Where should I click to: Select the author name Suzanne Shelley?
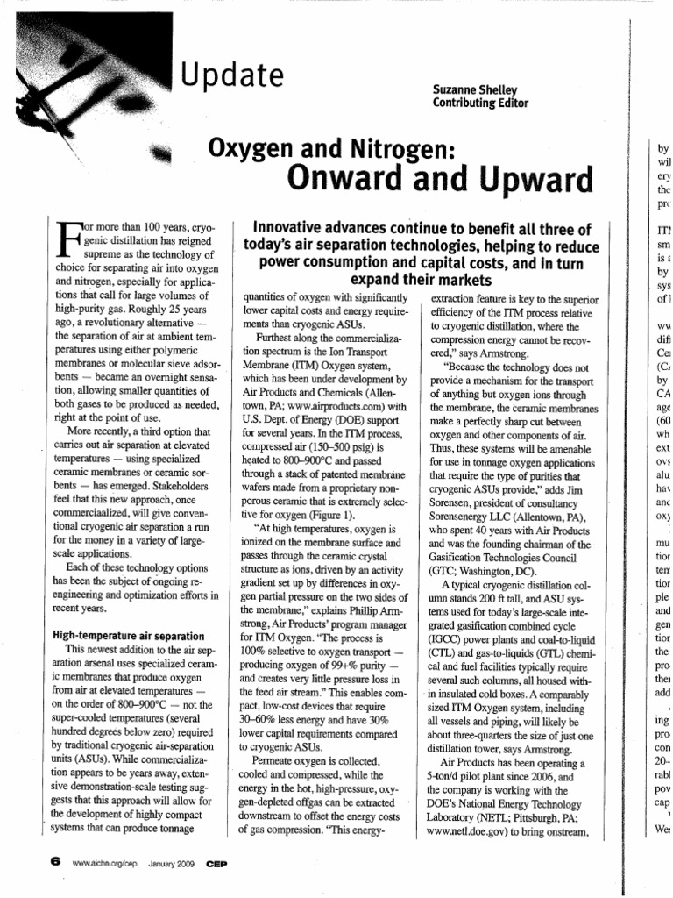click(x=480, y=90)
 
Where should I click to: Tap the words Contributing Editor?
click(x=481, y=103)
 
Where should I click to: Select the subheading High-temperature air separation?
click(x=129, y=635)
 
